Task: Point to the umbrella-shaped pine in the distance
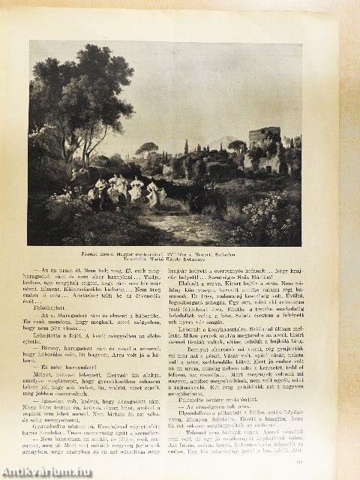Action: (x=147, y=147)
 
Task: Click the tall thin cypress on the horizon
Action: (x=187, y=146)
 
